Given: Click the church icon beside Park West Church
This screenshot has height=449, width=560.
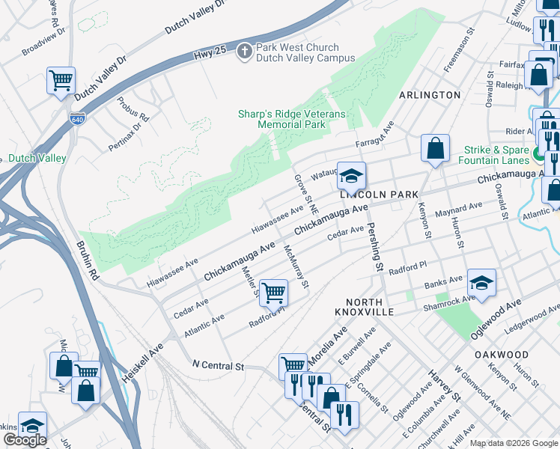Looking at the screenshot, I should [244, 52].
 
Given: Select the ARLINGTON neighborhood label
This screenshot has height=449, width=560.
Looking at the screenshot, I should [430, 95].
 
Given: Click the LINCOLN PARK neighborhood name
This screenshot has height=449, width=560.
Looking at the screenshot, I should [378, 195].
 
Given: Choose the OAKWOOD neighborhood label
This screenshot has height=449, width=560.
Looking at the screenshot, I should [501, 354].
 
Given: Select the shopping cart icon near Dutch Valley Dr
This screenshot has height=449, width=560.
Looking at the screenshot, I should [60, 80].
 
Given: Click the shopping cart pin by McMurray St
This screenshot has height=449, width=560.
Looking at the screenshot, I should [274, 291].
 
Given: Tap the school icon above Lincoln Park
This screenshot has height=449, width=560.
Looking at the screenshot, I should [350, 176].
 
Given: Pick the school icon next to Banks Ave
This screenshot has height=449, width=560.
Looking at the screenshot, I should [481, 283].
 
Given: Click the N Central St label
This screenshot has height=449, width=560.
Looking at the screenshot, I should [219, 366].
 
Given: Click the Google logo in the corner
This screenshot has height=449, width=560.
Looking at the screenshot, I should [25, 440].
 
